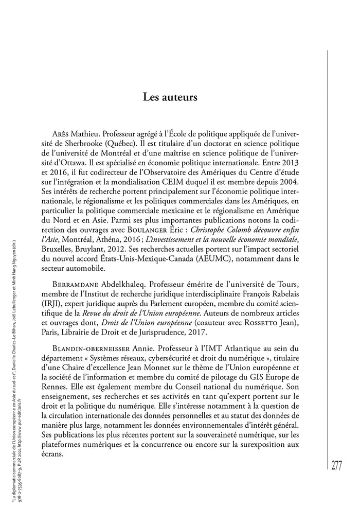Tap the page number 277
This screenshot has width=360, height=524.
336,466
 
